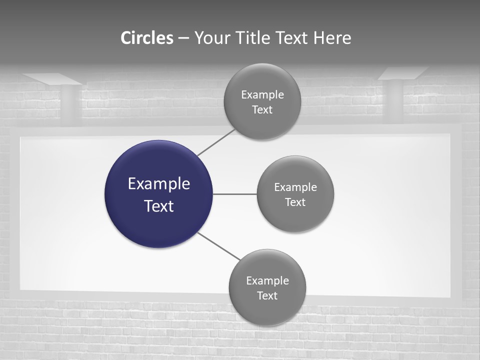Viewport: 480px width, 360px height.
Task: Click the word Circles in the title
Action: [147, 38]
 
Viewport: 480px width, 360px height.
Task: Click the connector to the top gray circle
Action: [216, 142]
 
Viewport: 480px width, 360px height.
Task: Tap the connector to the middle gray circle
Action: [235, 194]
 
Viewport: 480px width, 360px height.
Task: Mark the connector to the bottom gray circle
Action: [219, 246]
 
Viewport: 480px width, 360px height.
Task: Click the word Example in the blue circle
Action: [159, 184]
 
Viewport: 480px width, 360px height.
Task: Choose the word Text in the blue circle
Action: [159, 206]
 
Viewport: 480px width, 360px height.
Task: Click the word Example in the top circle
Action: [262, 94]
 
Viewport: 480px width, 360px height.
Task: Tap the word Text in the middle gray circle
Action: [295, 202]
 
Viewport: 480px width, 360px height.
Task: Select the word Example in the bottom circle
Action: [267, 280]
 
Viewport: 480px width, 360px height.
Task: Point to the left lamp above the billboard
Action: [52, 79]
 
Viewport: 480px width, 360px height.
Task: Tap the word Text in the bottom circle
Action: [267, 295]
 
